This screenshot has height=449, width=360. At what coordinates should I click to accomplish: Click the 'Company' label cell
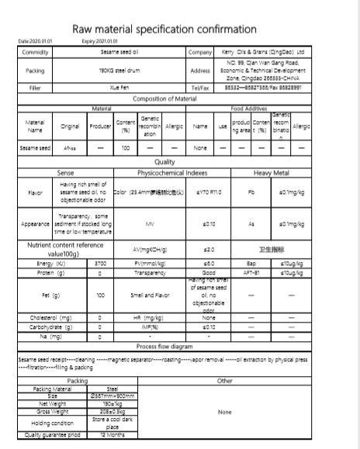point(199,52)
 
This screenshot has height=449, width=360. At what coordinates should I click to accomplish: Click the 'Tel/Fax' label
point(199,88)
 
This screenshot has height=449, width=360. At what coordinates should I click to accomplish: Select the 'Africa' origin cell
point(70,147)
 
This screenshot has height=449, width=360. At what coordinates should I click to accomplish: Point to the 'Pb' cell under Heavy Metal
point(251,192)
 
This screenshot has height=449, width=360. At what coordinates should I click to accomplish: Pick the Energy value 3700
point(100,264)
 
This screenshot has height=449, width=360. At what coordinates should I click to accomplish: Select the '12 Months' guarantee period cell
point(113,435)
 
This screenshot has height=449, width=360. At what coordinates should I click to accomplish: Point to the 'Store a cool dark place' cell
point(113,423)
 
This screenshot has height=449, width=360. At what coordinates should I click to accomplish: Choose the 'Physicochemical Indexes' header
point(171,172)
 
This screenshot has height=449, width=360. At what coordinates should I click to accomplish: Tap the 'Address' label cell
point(199,70)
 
